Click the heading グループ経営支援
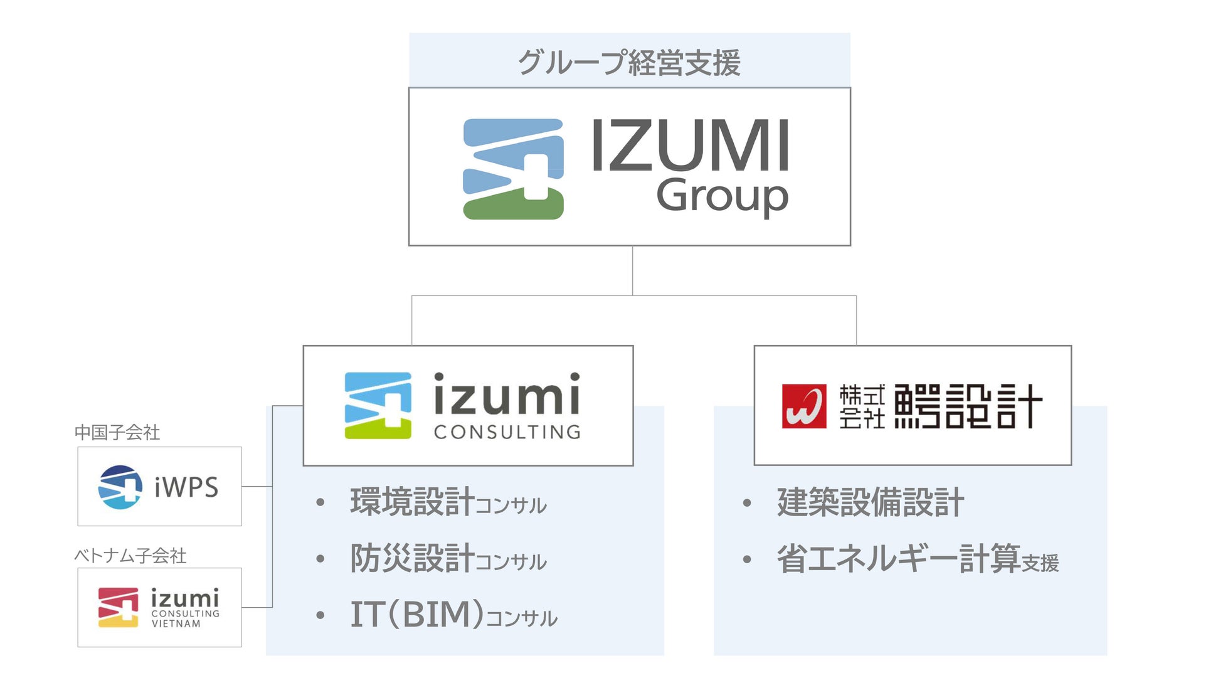[629, 63]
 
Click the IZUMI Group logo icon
[513, 169]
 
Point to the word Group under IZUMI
[722, 196]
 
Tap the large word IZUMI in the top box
[690, 146]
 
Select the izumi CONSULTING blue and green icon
[378, 405]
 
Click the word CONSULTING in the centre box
[507, 432]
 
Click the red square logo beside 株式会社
[803, 406]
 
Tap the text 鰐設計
[968, 406]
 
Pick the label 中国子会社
[117, 432]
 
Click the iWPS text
[186, 487]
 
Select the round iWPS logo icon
[120, 487]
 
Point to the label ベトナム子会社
[130, 555]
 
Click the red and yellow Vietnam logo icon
[119, 607]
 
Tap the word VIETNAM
[176, 624]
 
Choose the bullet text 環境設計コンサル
[448, 502]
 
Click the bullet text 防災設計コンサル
[448, 559]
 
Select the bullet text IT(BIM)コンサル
[453, 615]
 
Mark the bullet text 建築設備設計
[870, 502]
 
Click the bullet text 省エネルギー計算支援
[918, 559]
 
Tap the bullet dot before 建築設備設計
[746, 503]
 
